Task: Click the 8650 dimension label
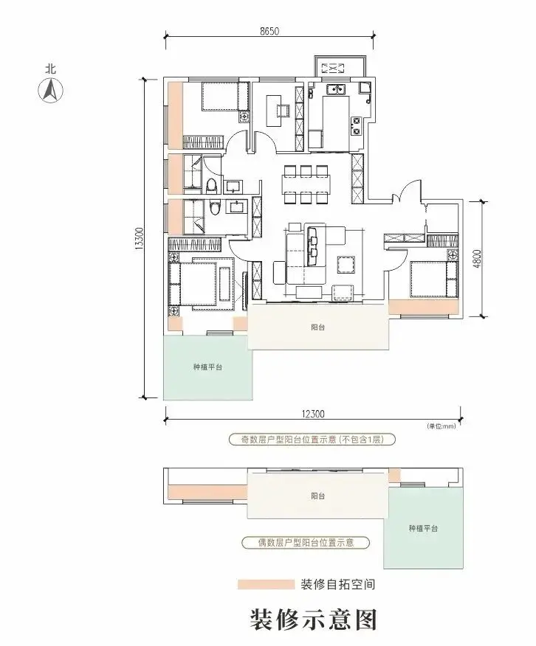(269, 31)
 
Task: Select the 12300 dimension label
(313, 414)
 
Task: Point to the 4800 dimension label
(477, 259)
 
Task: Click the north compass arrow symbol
(51, 90)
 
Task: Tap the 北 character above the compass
(51, 69)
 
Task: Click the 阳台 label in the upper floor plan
(318, 327)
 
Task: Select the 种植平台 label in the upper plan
(207, 367)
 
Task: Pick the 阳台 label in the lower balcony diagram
(318, 496)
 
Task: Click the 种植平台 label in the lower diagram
(423, 528)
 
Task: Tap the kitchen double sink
(336, 89)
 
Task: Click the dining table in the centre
(306, 184)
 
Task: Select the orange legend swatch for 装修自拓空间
(266, 584)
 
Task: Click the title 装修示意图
(313, 620)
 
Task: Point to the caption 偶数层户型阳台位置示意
(306, 542)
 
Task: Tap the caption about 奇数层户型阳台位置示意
(312, 440)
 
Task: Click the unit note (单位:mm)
(441, 426)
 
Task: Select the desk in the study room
(272, 111)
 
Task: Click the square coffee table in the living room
(346, 265)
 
